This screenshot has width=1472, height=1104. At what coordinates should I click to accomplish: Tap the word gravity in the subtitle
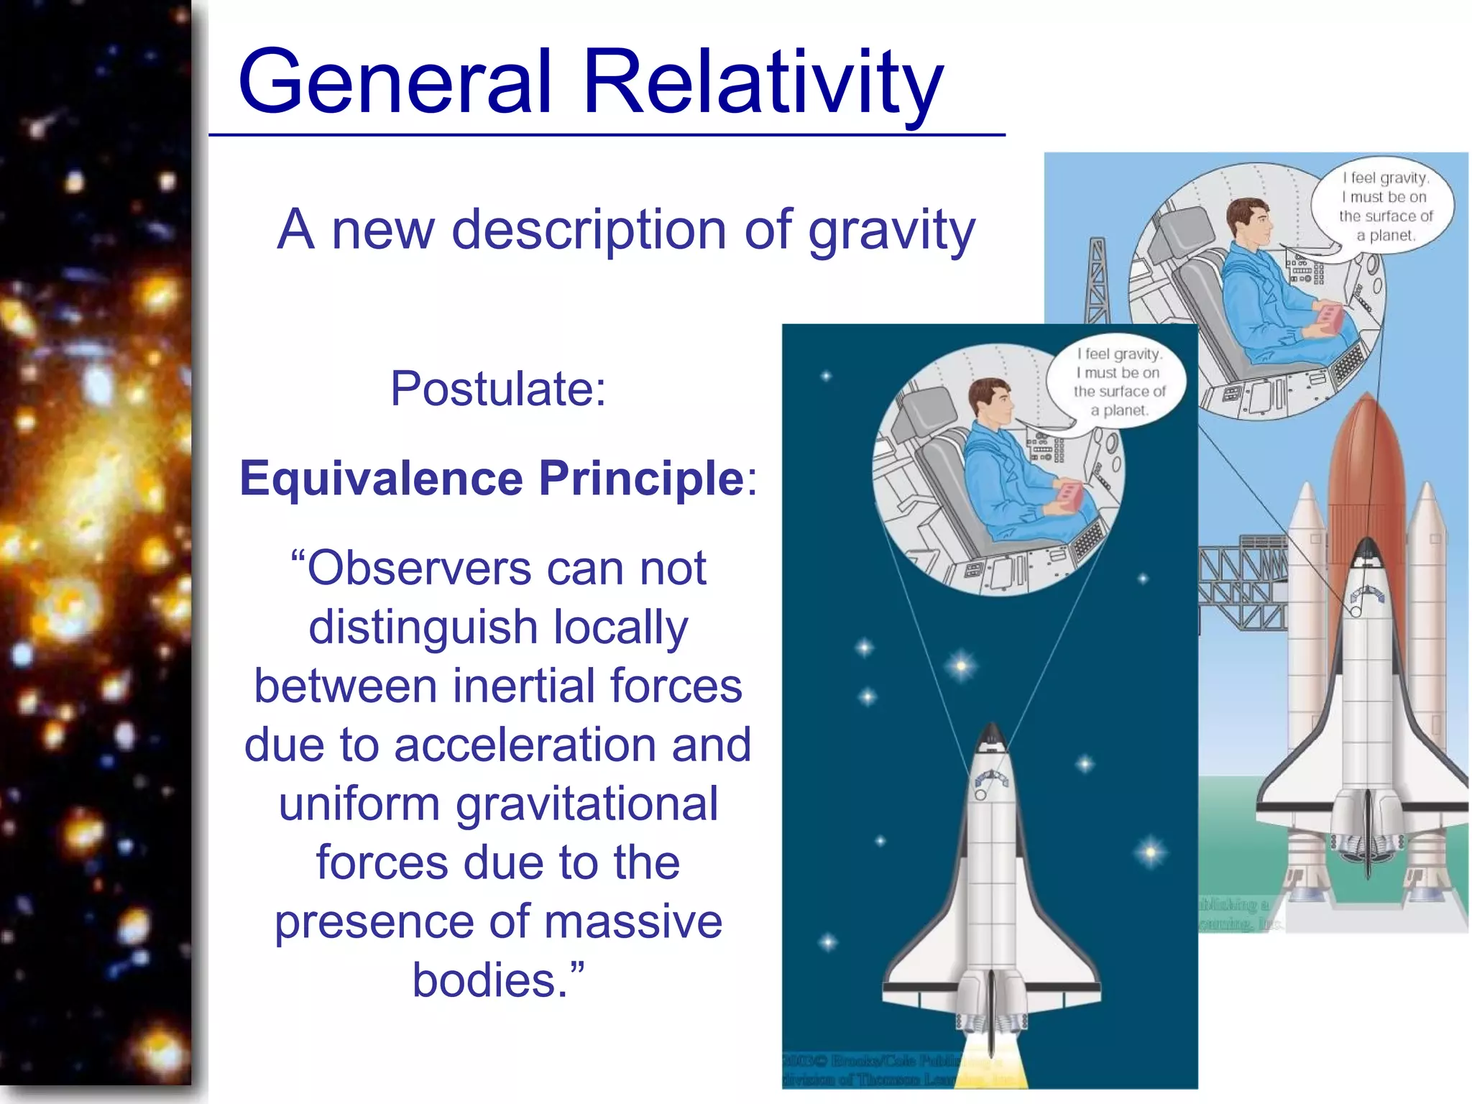[891, 231]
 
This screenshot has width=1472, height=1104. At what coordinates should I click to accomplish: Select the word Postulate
[498, 389]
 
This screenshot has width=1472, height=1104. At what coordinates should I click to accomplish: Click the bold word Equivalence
[381, 478]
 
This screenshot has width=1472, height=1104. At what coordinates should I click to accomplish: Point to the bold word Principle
[642, 479]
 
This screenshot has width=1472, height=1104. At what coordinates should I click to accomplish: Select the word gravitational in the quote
[586, 804]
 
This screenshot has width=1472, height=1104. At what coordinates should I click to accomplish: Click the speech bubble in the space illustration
[1118, 382]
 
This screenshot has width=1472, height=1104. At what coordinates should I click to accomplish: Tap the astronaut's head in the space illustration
[990, 402]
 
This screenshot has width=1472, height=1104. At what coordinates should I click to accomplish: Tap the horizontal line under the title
[607, 134]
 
